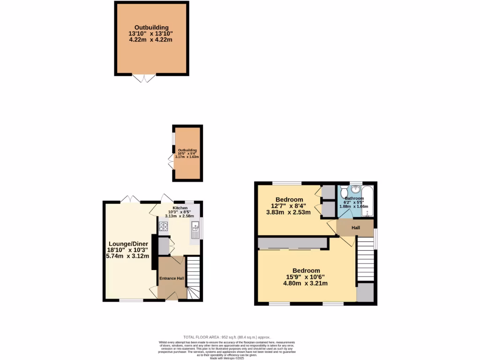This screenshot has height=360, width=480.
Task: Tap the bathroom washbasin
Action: pos(356,189)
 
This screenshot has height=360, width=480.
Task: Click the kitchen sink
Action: pos(195,230)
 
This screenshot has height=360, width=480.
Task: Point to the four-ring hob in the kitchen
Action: pos(164,227)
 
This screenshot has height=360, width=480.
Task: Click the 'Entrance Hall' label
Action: pos(172,278)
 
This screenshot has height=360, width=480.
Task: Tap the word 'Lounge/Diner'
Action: pos(128,244)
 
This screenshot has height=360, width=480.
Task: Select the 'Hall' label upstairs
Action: pos(355,228)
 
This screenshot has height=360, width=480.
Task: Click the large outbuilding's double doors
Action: pos(144,78)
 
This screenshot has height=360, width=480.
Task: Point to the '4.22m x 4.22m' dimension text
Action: pos(150,40)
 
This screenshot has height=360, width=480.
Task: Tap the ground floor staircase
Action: pos(193,277)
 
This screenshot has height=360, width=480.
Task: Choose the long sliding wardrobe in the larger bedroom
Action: pos(292,243)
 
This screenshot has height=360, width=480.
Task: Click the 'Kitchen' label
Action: pos(180,208)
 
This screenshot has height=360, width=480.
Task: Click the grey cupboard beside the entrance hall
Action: pos(164,246)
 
